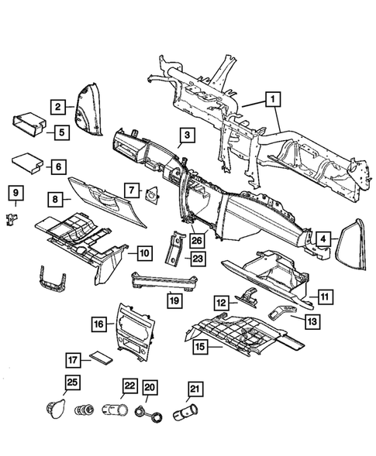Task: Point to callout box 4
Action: pyautogui.click(x=323, y=238)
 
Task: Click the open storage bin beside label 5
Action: pyautogui.click(x=27, y=125)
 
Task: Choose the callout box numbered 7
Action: pyautogui.click(x=133, y=190)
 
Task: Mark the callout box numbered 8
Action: pyautogui.click(x=54, y=201)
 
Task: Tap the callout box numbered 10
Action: pyautogui.click(x=144, y=252)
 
